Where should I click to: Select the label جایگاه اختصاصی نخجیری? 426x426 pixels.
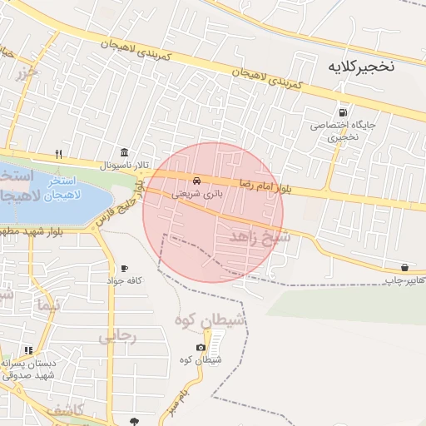pyautogui.click(x=334, y=131)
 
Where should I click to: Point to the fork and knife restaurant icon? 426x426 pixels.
pyautogui.click(x=58, y=153)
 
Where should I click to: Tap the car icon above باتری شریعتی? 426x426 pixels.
pyautogui.click(x=196, y=181)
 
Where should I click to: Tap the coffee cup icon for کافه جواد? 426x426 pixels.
pyautogui.click(x=124, y=268)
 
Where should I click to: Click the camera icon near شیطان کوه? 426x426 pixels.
pyautogui.click(x=201, y=347)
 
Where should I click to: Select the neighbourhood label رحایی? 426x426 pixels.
pyautogui.click(x=116, y=336)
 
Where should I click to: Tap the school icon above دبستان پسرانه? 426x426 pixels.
pyautogui.click(x=28, y=349)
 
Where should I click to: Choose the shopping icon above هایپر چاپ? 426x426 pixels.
pyautogui.click(x=404, y=267)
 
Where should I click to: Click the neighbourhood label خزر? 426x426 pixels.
pyautogui.click(x=27, y=74)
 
